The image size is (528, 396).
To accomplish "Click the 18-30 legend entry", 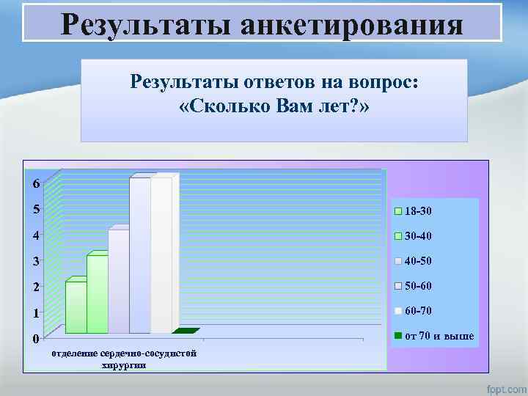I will [x=418, y=210].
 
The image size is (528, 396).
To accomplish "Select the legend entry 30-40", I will [x=418, y=236].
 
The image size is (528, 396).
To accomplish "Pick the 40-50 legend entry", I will [x=418, y=260].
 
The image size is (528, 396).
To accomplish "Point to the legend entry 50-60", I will [x=418, y=285].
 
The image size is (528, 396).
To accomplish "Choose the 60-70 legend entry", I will [x=418, y=311].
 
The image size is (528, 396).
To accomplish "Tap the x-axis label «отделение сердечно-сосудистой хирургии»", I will [x=123, y=359].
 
